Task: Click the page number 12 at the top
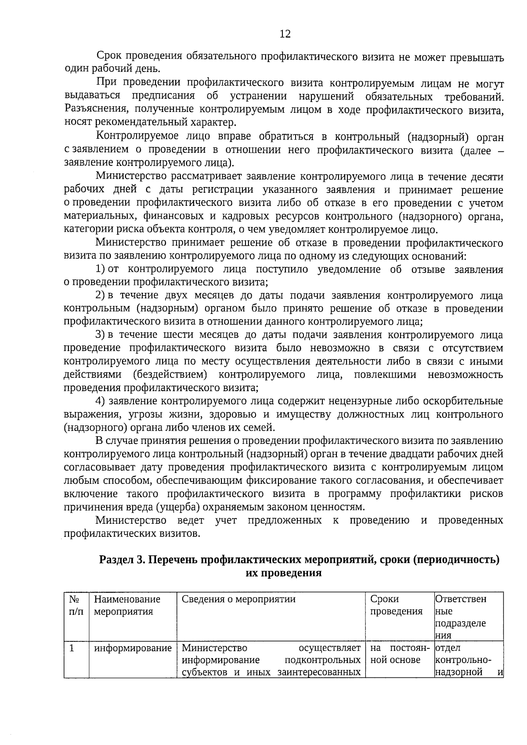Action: click(285, 34)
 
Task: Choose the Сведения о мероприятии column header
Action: click(238, 599)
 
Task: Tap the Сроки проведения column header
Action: click(396, 605)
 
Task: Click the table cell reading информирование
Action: click(133, 648)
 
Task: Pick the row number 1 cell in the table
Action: click(72, 648)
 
